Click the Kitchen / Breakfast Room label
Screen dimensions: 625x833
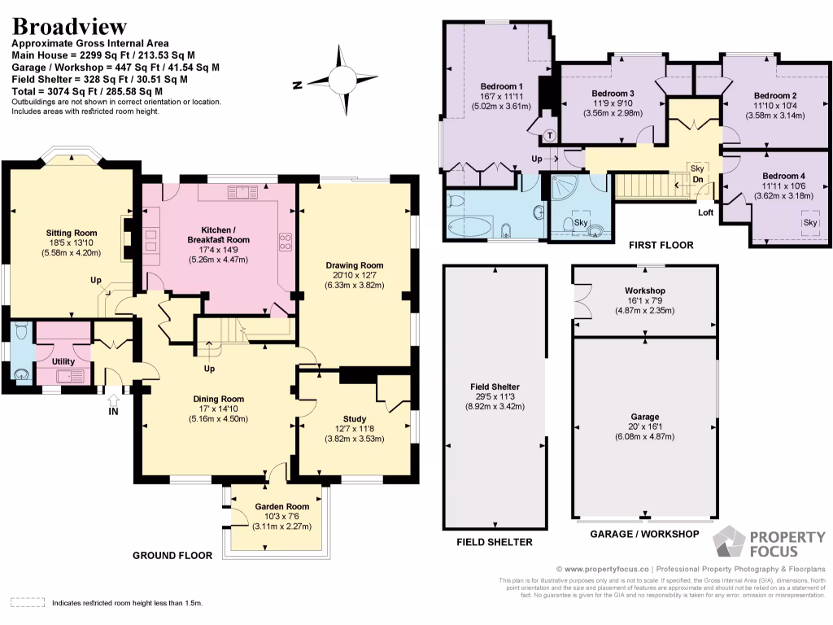tap(218, 235)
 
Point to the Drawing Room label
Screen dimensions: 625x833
tap(354, 265)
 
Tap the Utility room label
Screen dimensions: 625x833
tap(63, 361)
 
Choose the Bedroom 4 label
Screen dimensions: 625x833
tap(783, 176)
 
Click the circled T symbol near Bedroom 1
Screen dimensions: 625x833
tap(550, 135)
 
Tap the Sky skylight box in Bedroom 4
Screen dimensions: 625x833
tap(809, 223)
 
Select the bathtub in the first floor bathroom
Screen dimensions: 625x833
tap(468, 225)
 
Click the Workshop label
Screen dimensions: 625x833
tap(644, 291)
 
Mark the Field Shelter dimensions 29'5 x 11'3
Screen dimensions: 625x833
tap(494, 396)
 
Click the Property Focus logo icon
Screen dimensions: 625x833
tap(728, 543)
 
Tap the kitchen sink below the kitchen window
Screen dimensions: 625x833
tap(242, 192)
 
